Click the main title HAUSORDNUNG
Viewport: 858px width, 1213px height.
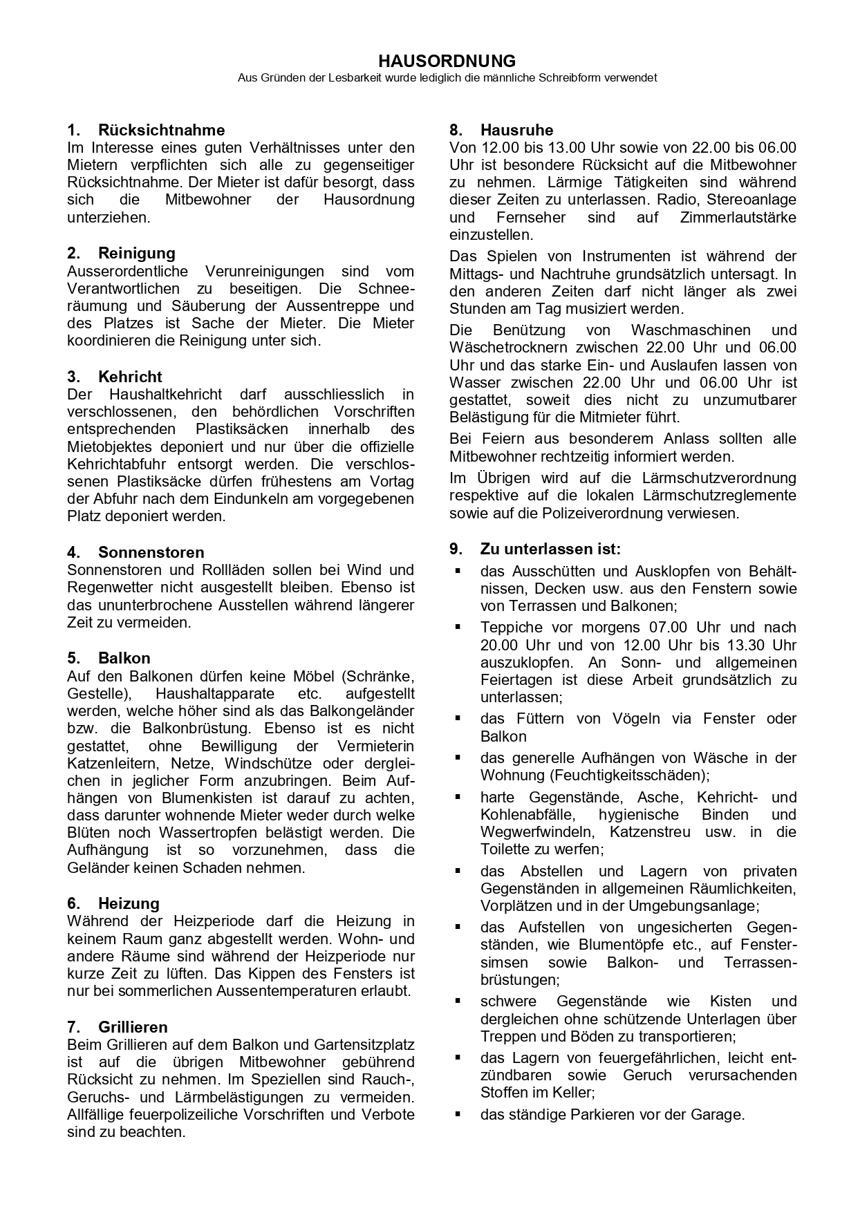(447, 62)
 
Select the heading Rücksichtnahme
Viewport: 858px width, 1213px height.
(161, 130)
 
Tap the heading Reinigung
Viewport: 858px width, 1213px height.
(137, 253)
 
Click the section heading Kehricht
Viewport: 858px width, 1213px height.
(130, 377)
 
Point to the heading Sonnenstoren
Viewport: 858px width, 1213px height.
(151, 552)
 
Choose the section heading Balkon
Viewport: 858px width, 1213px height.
(124, 658)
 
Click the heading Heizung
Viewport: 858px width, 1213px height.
(129, 903)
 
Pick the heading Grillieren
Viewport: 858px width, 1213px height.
(133, 1027)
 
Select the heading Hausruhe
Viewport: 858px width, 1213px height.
(516, 130)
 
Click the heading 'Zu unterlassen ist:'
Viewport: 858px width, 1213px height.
(550, 549)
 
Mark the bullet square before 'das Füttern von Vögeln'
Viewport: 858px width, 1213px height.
(458, 718)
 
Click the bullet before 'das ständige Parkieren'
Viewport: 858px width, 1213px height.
(458, 1114)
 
